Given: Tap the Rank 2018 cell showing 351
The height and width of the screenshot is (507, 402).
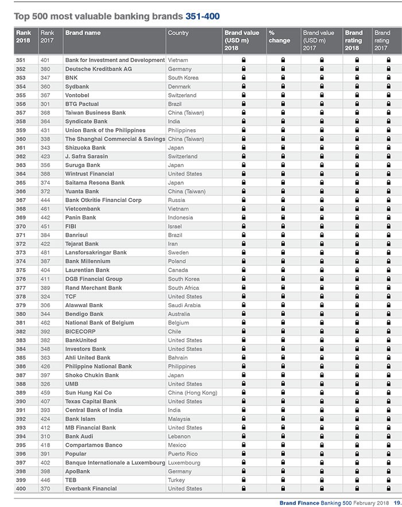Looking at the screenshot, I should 21,60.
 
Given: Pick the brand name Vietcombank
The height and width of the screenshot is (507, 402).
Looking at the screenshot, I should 83,209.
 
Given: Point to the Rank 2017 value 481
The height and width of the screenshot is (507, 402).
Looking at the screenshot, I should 46,253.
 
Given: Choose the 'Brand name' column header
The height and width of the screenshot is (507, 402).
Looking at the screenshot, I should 83,33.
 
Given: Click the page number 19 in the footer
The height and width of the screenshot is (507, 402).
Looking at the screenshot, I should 397,503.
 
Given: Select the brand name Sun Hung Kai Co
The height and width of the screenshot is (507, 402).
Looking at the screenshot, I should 88,393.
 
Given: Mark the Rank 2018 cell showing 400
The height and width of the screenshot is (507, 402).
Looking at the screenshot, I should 21,489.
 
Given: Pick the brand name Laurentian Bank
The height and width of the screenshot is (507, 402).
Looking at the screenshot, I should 87,270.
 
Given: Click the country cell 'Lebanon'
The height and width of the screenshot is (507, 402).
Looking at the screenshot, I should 179,436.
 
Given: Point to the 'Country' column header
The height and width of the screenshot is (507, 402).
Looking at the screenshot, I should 178,33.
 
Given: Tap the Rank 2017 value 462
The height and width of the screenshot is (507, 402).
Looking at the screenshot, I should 46,323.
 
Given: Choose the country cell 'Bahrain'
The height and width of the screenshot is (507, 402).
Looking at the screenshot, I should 178,358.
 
